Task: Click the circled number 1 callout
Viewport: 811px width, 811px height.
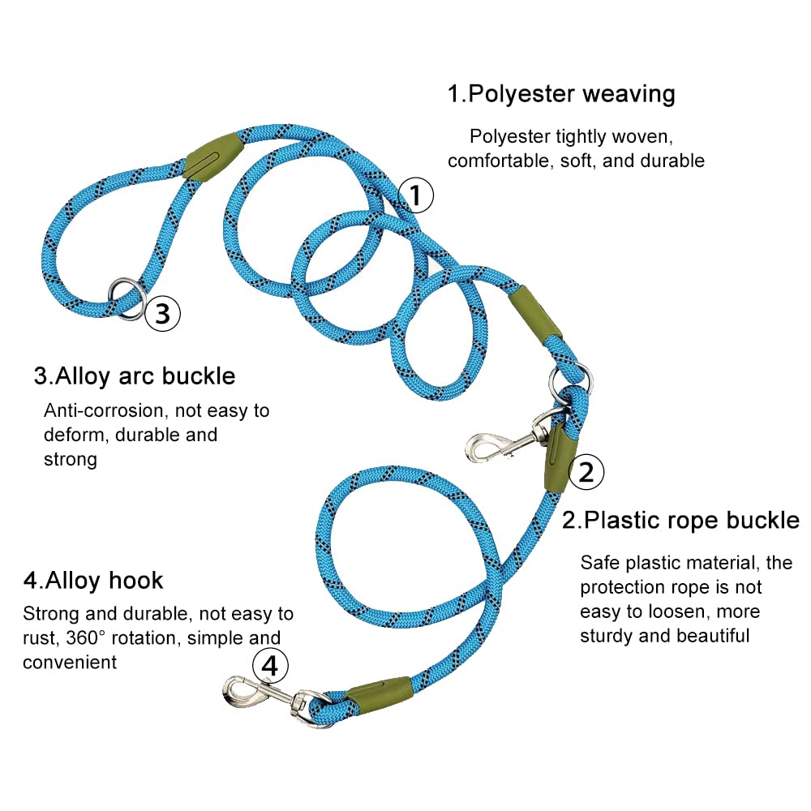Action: [x=416, y=195]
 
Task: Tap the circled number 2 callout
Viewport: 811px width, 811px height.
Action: [x=586, y=472]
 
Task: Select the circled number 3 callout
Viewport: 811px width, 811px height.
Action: [x=162, y=313]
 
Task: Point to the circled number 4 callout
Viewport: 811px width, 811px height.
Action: [x=270, y=665]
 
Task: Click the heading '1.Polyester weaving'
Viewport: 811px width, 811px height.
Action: [x=561, y=95]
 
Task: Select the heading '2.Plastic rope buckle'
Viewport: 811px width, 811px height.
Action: [x=680, y=521]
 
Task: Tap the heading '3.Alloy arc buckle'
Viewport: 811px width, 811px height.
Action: [x=135, y=376]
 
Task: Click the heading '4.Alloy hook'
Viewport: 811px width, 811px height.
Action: [x=93, y=581]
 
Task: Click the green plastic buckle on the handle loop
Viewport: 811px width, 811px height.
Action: [x=214, y=155]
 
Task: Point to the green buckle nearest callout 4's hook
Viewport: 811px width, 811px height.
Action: [x=379, y=695]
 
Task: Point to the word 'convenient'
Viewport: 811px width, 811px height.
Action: [x=70, y=663]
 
